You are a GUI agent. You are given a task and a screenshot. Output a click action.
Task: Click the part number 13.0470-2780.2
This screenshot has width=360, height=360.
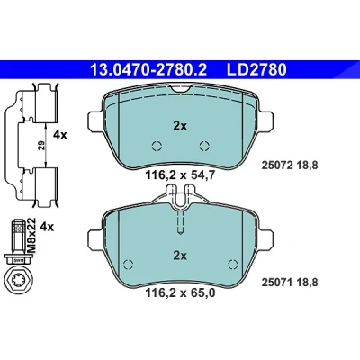point(148,69)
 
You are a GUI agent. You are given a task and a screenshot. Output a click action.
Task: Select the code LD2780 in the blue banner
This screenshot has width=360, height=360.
point(256,69)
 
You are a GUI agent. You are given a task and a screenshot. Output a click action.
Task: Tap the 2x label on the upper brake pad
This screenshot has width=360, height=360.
point(180,126)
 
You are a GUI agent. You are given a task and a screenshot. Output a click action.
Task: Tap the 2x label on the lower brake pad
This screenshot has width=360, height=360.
point(180,256)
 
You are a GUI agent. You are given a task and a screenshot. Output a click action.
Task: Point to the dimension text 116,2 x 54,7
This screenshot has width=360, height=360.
point(180,175)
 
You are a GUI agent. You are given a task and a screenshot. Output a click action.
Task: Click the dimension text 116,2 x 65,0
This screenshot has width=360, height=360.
point(180,292)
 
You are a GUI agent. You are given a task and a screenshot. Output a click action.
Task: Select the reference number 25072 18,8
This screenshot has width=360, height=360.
point(290,166)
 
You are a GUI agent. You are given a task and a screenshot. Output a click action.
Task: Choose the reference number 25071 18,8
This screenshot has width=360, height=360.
point(290,283)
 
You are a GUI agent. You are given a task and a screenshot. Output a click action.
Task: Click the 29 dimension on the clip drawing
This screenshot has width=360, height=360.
point(41,146)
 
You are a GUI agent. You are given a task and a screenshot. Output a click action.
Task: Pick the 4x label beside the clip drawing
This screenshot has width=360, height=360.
point(60,135)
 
